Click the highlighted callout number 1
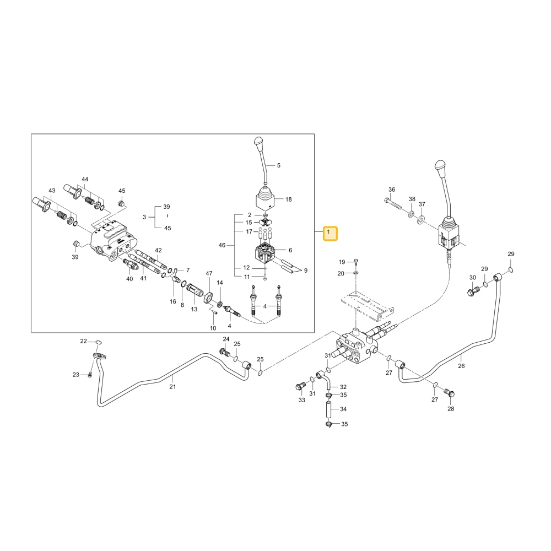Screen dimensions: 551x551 [x=330, y=233]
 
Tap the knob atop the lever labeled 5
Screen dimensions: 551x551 [x=258, y=143]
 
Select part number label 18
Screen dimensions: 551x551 [x=289, y=199]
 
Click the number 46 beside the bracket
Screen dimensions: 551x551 [x=222, y=245]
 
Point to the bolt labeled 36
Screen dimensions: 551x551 [x=394, y=204]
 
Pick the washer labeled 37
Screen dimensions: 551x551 [x=420, y=221]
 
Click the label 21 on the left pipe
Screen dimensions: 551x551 [x=172, y=387]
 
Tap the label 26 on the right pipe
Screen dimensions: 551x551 [x=461, y=366]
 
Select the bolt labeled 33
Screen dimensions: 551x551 [x=300, y=387]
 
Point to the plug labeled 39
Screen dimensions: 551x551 [x=75, y=244]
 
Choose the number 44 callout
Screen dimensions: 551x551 [x=85, y=179]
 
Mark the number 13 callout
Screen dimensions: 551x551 [x=194, y=309]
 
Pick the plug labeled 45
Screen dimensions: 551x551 [x=122, y=203]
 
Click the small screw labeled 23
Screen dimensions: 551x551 [x=90, y=375]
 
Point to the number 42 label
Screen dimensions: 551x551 [x=159, y=250]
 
